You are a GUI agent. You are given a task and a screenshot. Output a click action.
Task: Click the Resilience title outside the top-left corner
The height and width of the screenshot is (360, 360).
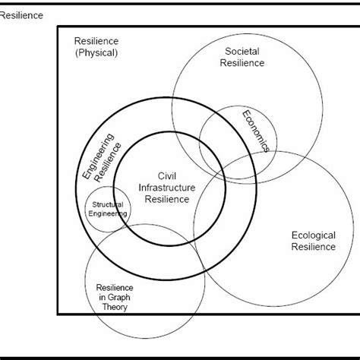coord(22,14)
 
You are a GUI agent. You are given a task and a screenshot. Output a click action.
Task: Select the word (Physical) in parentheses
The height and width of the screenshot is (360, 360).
coord(96,52)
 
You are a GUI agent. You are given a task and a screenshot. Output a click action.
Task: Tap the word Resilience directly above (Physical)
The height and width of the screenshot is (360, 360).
coord(96,41)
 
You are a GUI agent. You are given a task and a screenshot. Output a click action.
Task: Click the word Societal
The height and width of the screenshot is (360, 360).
coord(243,52)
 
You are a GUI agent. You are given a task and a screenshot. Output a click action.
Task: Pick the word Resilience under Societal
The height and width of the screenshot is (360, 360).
coord(243,63)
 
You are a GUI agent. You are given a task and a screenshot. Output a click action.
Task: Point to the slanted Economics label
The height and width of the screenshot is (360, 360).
coord(256,131)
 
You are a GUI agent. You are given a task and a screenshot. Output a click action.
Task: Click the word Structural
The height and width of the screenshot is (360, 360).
coord(107,204)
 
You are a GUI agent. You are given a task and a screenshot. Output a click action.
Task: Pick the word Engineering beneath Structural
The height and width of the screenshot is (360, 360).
coord(107,214)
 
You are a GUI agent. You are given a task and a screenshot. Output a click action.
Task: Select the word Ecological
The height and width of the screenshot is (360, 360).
coord(313,235)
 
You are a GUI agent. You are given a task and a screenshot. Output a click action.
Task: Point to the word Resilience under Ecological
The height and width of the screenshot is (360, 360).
coord(313,247)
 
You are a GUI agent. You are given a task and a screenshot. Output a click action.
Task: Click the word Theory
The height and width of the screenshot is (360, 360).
coord(115,309)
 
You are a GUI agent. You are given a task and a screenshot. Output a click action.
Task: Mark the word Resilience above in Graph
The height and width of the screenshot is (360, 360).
coord(115,288)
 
